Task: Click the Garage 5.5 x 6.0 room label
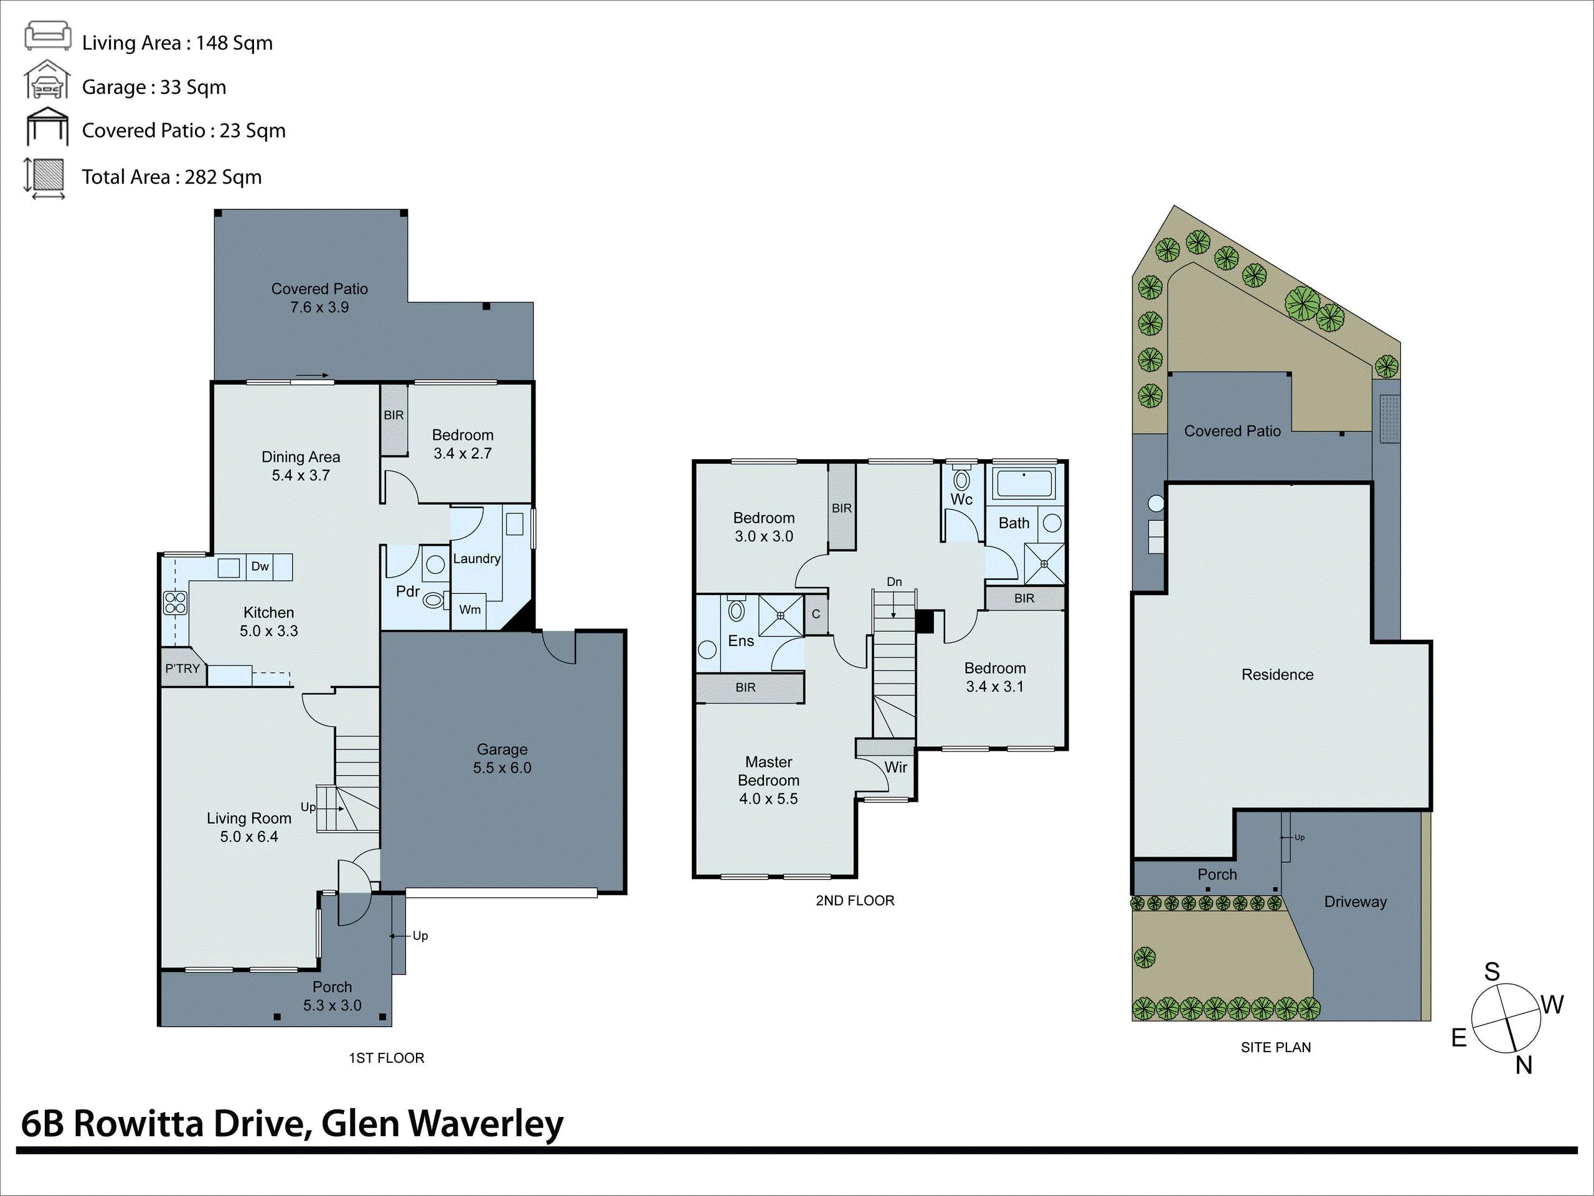tap(502, 759)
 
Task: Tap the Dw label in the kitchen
tap(260, 567)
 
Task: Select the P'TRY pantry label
tap(182, 668)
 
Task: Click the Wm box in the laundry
tap(470, 610)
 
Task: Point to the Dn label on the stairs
tap(894, 582)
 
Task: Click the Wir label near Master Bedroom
tap(896, 767)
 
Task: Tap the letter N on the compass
tap(1524, 1065)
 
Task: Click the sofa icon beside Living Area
tap(47, 36)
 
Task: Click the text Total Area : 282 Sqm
tap(171, 177)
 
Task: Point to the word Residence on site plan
tap(1277, 675)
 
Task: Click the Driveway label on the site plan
tap(1355, 902)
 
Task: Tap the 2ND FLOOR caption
tap(855, 900)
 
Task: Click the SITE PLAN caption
tap(1275, 1048)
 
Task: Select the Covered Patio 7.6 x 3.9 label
tap(319, 298)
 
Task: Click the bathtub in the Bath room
tap(1023, 482)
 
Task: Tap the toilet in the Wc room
tap(961, 480)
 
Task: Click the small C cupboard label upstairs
tap(816, 614)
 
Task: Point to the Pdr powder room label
tap(407, 592)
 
